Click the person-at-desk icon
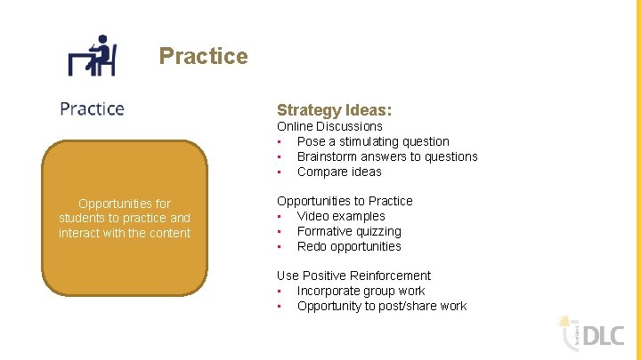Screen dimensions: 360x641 [x=93, y=55]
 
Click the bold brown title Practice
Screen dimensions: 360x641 [x=203, y=56]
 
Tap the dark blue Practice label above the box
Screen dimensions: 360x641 [x=92, y=108]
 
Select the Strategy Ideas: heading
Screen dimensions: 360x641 [x=334, y=110]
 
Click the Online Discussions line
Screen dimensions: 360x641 [x=329, y=126]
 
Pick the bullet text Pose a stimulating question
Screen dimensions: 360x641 [x=373, y=141]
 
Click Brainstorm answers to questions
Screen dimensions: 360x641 [x=387, y=156]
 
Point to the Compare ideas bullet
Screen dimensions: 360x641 [x=339, y=172]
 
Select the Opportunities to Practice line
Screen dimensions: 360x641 [x=345, y=201]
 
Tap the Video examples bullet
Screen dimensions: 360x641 [x=341, y=216]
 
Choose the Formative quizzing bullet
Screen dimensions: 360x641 [x=349, y=231]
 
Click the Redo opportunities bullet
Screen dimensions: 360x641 [x=349, y=246]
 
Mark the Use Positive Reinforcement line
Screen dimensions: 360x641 [x=353, y=276]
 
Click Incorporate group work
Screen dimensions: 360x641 [x=361, y=291]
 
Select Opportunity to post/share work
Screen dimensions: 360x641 [x=382, y=306]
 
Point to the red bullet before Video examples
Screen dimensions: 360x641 [x=280, y=216]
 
